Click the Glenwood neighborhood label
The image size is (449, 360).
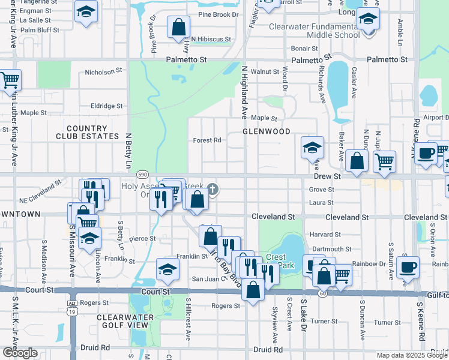[266, 131]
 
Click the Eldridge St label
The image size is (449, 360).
[106, 106]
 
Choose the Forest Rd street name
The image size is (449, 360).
[207, 140]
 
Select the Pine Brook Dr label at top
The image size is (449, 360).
[218, 14]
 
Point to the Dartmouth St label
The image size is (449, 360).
[331, 248]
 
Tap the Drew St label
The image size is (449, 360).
[327, 177]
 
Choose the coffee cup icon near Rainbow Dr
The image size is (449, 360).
[407, 266]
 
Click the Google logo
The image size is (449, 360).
[19, 353]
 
